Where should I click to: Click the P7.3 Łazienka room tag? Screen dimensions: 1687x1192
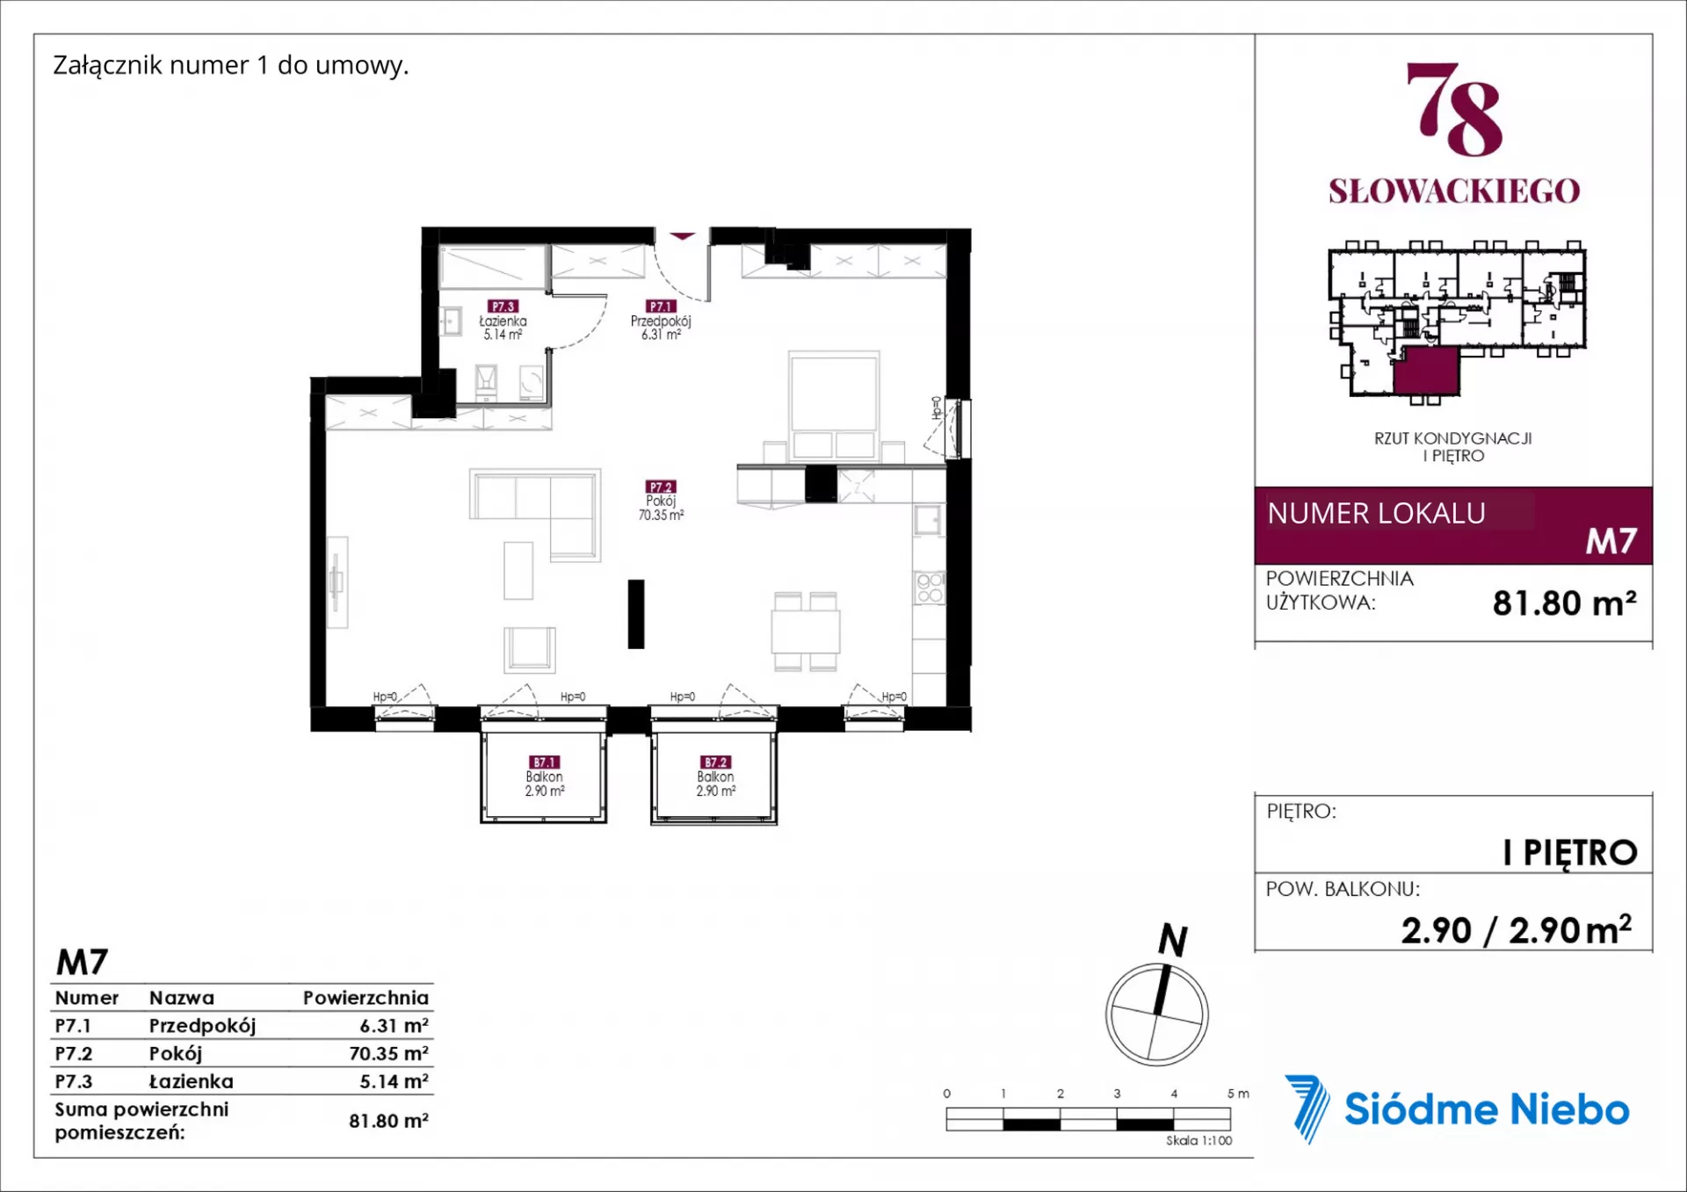coord(503,307)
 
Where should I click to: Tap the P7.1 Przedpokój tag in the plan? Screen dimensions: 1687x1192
coord(661,307)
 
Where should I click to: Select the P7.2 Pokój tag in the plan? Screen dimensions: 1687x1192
coord(661,487)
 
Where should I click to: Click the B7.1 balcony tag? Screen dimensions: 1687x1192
coord(544,762)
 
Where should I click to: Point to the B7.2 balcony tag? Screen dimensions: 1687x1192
coord(715,762)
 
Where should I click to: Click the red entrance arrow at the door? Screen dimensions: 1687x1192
coord(683,236)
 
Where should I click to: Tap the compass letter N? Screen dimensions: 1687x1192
coord(1173,940)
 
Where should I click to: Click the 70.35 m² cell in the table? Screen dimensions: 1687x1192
coord(388,1053)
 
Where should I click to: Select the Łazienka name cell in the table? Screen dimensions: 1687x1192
coord(192,1081)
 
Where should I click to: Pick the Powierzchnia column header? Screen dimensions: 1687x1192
coord(366,998)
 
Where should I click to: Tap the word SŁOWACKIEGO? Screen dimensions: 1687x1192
coord(1454,191)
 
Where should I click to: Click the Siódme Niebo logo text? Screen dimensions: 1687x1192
coord(1487,1109)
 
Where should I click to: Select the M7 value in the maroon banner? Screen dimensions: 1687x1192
coord(1611,541)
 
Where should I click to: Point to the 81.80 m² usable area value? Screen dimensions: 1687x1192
coord(1565,603)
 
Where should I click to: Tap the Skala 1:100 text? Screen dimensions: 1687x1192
coord(1198,1140)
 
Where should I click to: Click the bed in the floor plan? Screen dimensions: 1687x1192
coord(834,405)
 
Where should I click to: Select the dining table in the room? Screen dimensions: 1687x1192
coord(806,631)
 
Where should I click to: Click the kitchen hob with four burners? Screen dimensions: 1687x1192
coord(930,588)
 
